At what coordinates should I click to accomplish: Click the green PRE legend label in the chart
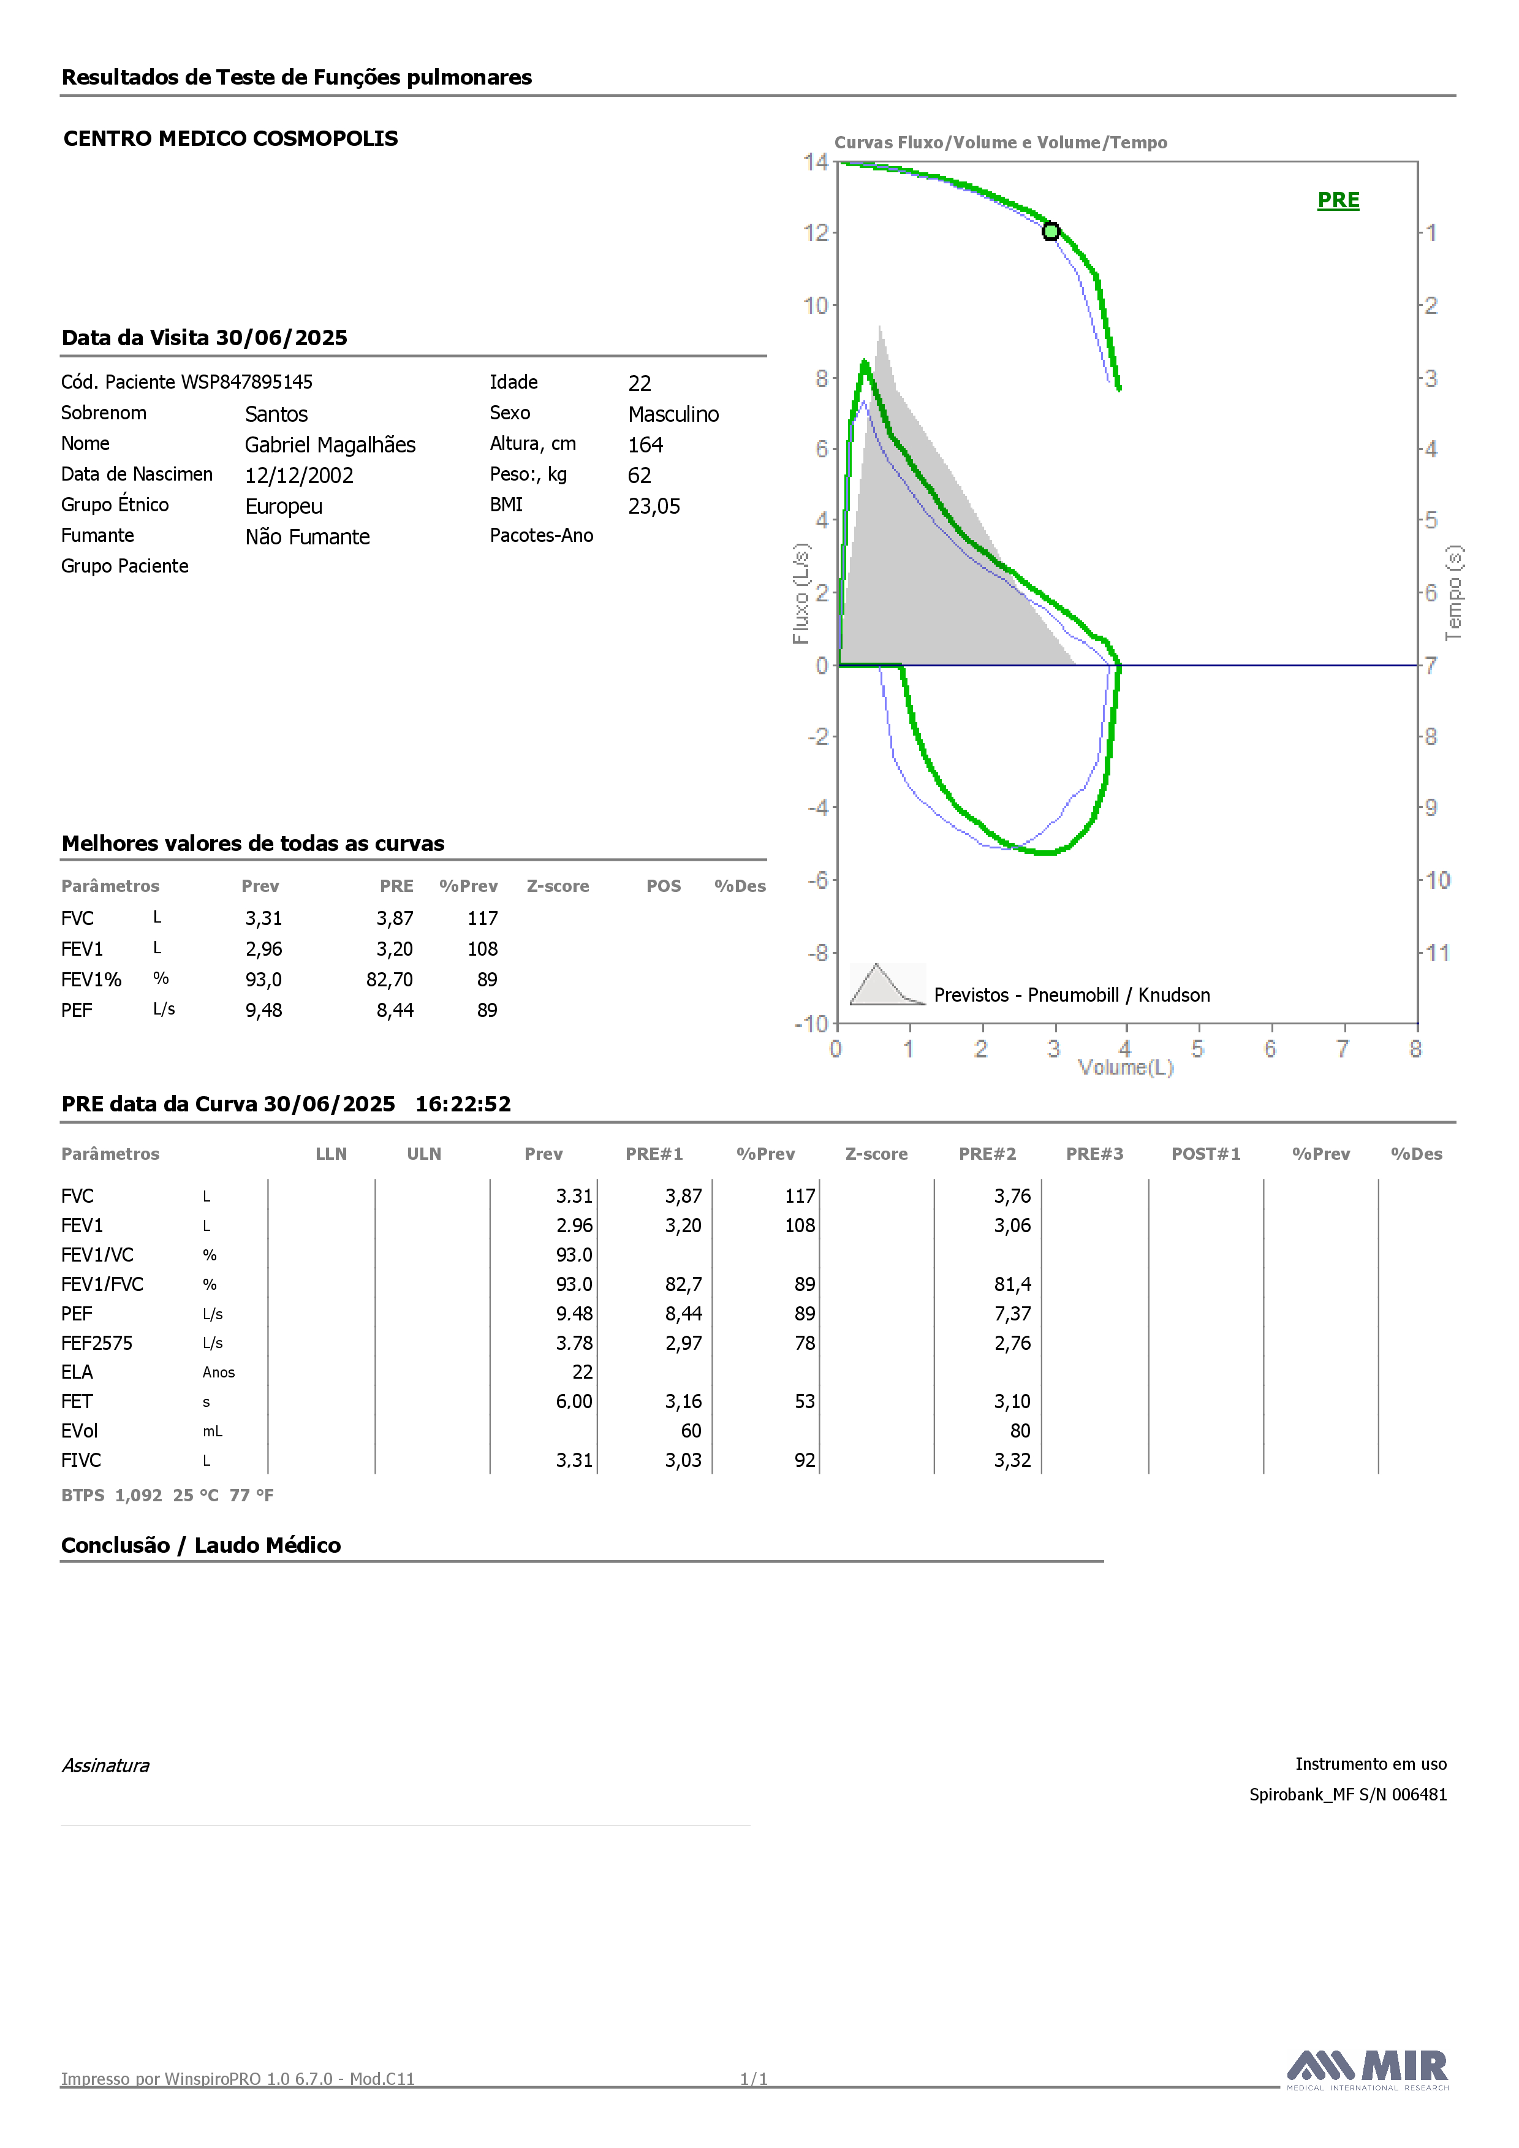(1338, 200)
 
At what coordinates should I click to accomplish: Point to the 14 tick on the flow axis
(816, 162)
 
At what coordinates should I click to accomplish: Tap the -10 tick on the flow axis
(812, 1024)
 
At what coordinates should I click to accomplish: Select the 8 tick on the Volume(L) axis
(1416, 1049)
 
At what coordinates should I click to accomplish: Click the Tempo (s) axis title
(1453, 593)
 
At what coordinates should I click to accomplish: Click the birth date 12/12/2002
(299, 475)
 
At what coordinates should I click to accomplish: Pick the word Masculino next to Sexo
(673, 414)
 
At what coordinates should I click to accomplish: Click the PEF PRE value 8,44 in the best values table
(395, 1010)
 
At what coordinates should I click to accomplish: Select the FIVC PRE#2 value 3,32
(1012, 1460)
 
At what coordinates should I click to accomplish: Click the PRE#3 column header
(1094, 1154)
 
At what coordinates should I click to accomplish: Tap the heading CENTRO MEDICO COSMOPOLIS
(230, 139)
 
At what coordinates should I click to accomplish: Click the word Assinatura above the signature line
(105, 1765)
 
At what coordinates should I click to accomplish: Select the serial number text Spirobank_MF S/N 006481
(1348, 1794)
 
